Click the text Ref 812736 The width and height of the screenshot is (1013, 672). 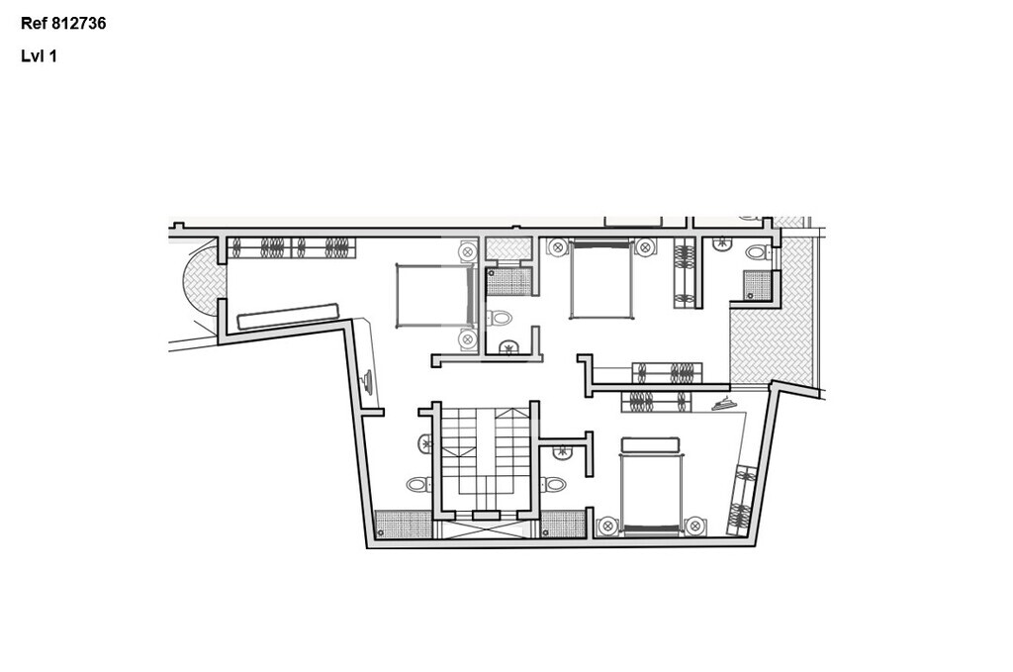(63, 24)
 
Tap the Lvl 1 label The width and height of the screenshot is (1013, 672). (39, 56)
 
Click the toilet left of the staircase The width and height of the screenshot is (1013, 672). (417, 484)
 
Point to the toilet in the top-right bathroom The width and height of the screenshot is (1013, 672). (757, 252)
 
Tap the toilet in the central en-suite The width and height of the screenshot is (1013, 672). (499, 318)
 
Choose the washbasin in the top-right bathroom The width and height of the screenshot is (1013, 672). (722, 244)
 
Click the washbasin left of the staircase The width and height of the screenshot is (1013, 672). (425, 444)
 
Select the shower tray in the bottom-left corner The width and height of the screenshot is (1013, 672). (404, 524)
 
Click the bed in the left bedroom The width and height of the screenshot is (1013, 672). (437, 295)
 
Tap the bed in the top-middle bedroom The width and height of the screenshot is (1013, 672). (600, 278)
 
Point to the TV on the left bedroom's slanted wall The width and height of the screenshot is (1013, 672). (368, 381)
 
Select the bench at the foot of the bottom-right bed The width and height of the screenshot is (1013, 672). (650, 444)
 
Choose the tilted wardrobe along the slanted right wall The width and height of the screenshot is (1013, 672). (742, 500)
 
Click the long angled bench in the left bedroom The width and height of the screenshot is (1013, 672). (288, 316)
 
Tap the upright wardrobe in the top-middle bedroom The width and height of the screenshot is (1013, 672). (685, 273)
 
